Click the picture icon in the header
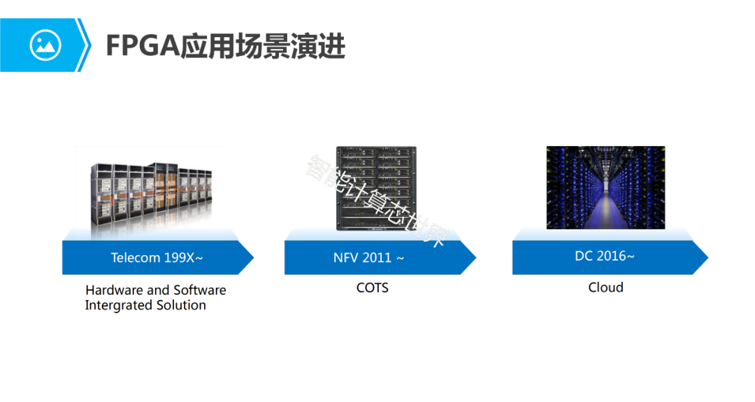click(x=45, y=45)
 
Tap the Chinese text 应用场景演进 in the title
click(x=263, y=46)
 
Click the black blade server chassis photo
click(x=376, y=187)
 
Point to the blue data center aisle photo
click(x=605, y=187)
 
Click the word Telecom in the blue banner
click(x=136, y=258)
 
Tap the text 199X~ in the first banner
click(x=184, y=258)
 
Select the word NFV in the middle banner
click(x=345, y=258)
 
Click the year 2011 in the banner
click(x=377, y=258)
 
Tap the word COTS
click(x=372, y=287)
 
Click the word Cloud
click(x=605, y=287)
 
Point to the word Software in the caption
click(x=200, y=290)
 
